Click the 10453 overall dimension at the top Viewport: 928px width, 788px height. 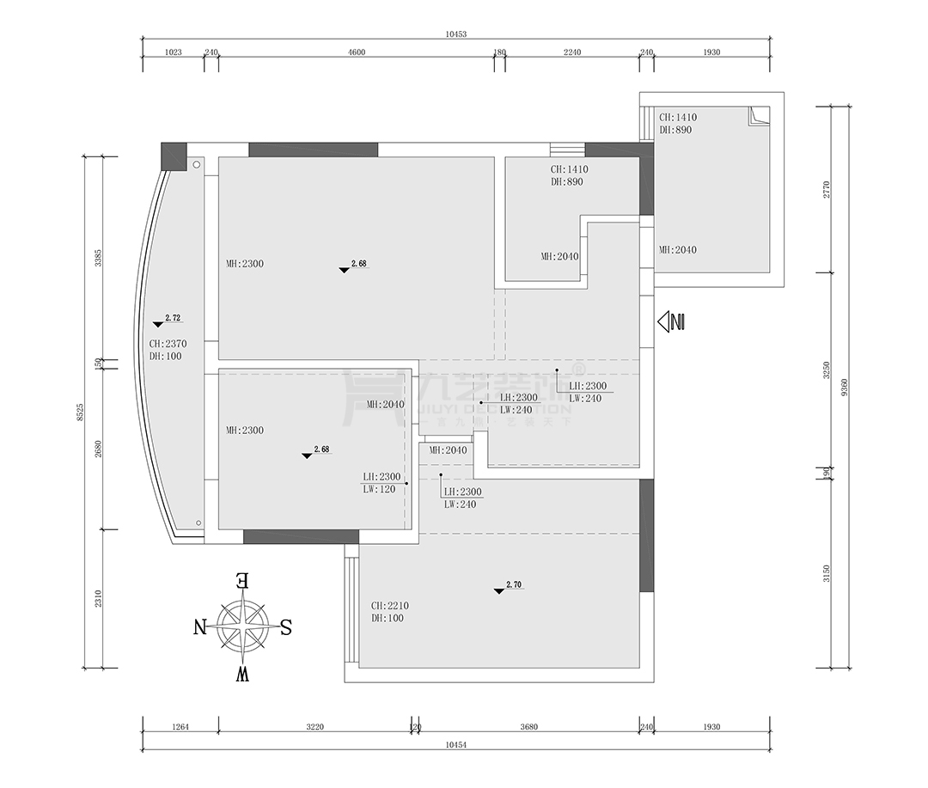point(455,34)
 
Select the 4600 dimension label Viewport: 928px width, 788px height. point(357,52)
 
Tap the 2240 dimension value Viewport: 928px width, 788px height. point(572,52)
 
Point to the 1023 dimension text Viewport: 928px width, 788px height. point(173,52)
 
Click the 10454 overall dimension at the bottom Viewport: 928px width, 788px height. point(455,745)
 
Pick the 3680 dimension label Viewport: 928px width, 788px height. point(528,727)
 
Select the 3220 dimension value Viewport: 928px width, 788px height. point(314,727)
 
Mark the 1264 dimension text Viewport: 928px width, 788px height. point(180,727)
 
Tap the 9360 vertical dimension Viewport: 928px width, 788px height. point(846,388)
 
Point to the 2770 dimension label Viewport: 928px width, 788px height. point(826,190)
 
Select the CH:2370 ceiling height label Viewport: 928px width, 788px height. point(168,344)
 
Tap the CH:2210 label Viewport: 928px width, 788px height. point(389,605)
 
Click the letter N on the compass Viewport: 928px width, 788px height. point(200,626)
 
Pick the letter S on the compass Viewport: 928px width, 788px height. point(286,627)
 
